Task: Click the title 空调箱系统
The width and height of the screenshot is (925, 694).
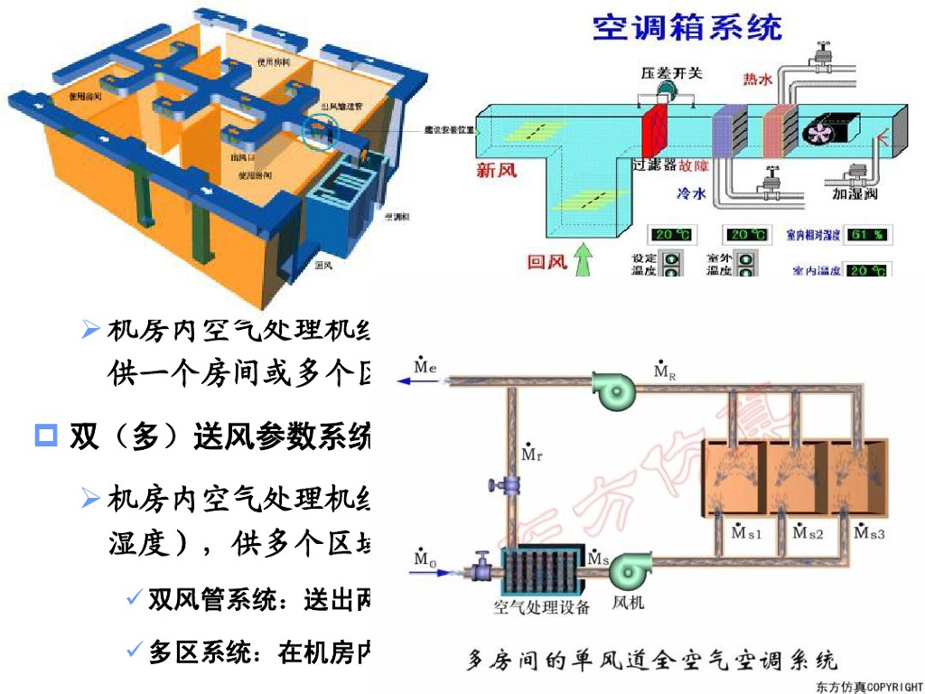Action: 687,27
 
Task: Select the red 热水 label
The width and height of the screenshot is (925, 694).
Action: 758,80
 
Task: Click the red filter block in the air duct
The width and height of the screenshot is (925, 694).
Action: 653,133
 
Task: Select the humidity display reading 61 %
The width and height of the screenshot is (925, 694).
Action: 867,235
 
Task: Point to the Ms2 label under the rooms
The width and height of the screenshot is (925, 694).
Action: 808,533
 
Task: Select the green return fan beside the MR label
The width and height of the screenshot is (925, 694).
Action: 615,390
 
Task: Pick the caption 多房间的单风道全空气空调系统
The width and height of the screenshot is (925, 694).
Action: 651,661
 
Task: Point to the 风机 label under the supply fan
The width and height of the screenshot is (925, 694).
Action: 628,604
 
